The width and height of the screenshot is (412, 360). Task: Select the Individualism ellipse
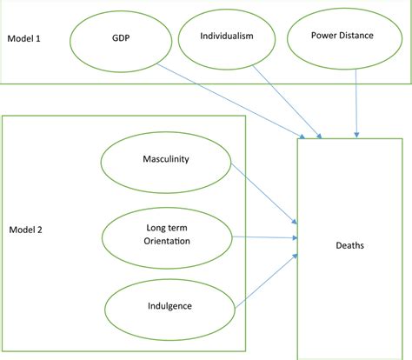(x=229, y=38)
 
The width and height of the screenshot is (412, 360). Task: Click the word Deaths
(x=350, y=246)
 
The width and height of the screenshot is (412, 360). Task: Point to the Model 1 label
(x=26, y=40)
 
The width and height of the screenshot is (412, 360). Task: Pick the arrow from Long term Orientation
(x=265, y=235)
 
